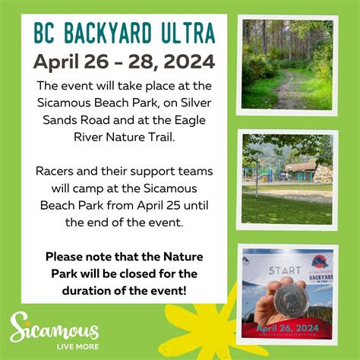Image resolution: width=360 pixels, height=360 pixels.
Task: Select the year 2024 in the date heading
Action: tap(188, 60)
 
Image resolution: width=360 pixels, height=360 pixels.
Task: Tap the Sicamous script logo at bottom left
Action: tap(54, 330)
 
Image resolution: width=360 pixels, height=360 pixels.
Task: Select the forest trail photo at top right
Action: tap(286, 65)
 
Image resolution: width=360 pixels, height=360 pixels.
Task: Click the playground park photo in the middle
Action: tap(286, 178)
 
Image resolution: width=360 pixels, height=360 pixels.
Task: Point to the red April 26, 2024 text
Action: tap(287, 327)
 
